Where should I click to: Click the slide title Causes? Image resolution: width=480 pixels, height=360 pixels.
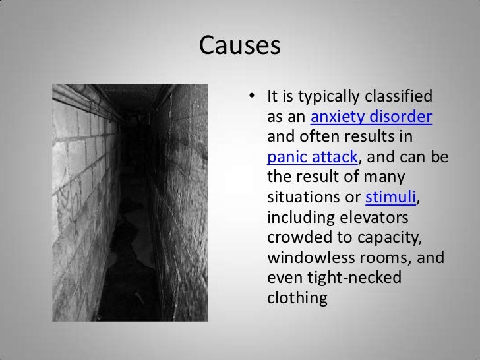point(239,46)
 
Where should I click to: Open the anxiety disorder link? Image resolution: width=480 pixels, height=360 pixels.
point(371,118)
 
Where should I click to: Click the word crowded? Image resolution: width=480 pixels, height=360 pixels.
point(295,237)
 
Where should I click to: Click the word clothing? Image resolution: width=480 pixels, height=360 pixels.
point(297,298)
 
